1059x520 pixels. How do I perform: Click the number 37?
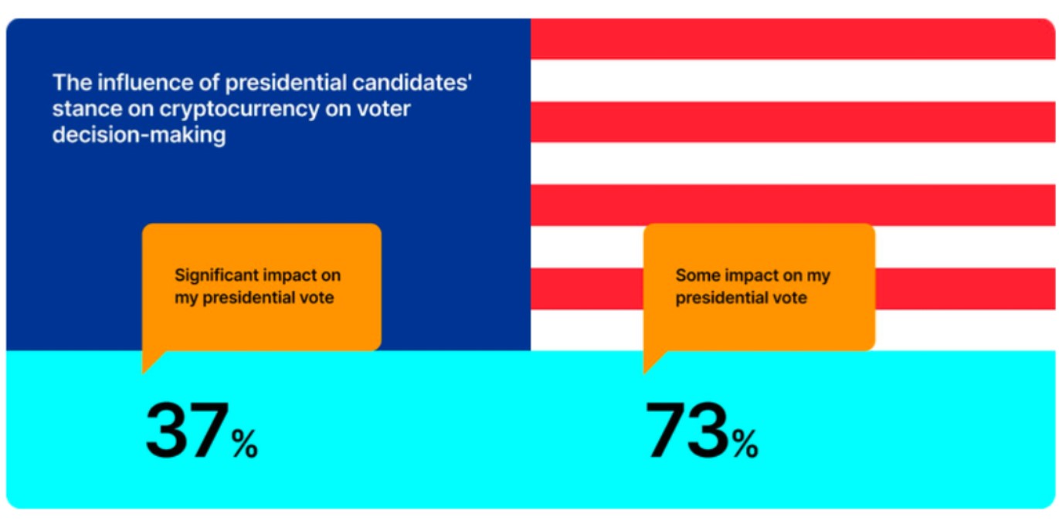(186, 431)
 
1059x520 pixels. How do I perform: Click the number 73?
(687, 431)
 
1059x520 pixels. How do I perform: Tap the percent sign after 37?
(245, 444)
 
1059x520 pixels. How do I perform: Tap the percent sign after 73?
(745, 444)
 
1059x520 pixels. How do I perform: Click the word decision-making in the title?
(139, 135)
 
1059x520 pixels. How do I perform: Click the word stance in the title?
(81, 109)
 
